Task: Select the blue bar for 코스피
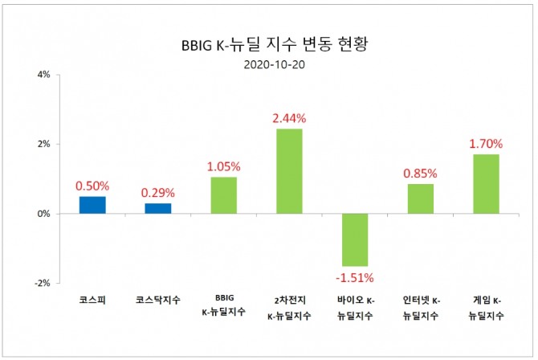92,205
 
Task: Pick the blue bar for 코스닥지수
157,209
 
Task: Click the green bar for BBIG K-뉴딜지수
223,195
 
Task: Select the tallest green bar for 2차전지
289,171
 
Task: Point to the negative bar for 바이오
355,239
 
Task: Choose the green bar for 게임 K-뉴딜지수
486,184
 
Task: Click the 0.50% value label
92,186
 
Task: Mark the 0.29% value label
157,193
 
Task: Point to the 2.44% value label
289,118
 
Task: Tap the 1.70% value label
486,144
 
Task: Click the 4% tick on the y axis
43,76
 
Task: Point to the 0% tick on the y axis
43,214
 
